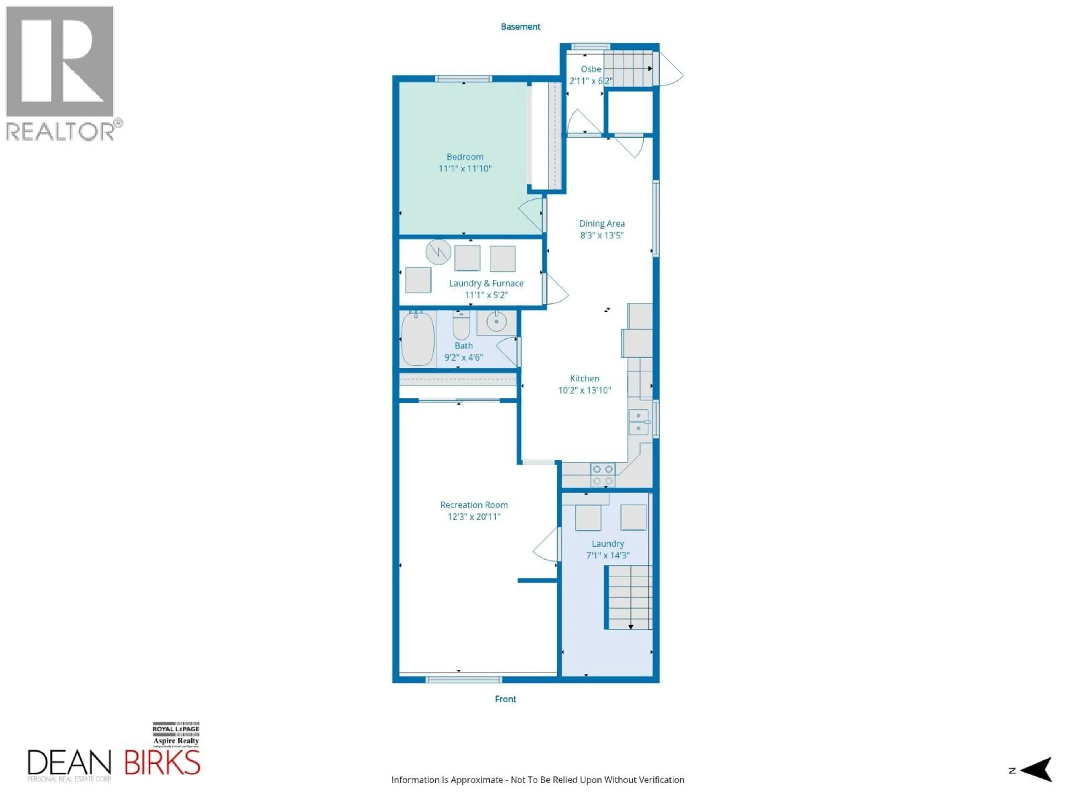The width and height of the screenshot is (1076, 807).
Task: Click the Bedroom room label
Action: pos(465,157)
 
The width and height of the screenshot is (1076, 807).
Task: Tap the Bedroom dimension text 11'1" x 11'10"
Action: pos(465,169)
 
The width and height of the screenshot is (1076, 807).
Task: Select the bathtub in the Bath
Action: pos(417,338)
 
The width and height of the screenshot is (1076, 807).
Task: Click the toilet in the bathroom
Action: pos(461,325)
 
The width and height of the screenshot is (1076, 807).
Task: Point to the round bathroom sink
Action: pos(496,322)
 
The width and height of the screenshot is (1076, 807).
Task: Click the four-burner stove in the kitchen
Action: pos(603,475)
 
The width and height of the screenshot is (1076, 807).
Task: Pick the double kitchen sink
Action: pos(638,422)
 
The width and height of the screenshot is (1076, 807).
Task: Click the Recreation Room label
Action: pos(474,505)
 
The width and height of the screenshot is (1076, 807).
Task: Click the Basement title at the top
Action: pos(520,27)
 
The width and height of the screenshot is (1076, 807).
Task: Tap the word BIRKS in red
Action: pos(162,763)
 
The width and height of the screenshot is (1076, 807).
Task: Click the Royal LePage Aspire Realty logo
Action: pos(176,734)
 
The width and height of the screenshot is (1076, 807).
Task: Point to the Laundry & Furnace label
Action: pos(486,283)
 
